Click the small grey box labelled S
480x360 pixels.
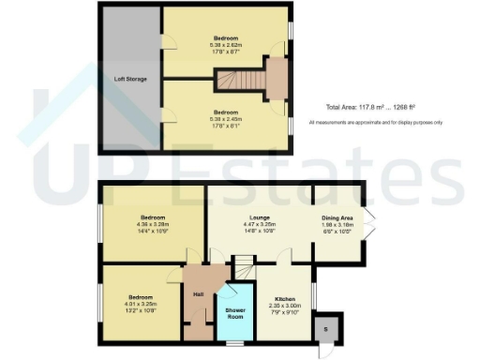[326, 329]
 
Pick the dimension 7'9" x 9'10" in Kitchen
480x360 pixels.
[284, 313]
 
